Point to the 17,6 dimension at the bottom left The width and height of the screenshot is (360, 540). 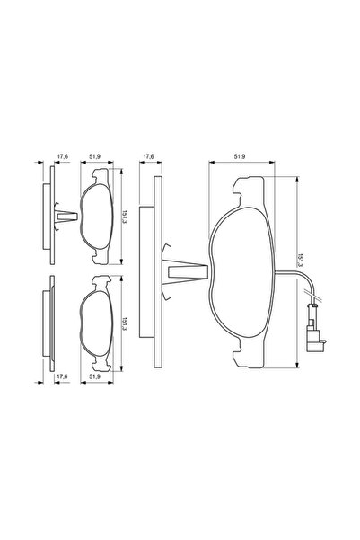click(62, 377)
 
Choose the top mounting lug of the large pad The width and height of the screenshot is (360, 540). click(249, 185)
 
